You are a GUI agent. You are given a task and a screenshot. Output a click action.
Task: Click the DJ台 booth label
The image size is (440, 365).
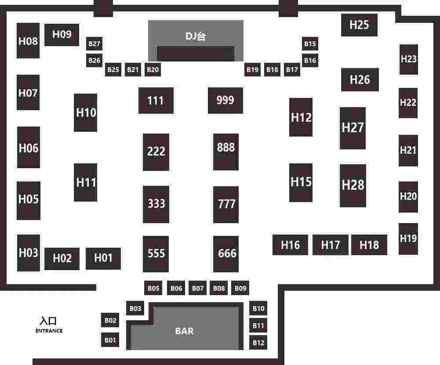196,36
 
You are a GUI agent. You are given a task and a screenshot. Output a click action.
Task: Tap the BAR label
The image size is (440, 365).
184,331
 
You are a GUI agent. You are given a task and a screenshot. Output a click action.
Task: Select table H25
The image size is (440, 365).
359,25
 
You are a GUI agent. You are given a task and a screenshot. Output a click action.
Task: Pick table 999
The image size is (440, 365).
225,100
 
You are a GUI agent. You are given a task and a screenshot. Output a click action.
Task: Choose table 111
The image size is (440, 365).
156,101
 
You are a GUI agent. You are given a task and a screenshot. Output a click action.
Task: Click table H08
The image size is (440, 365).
28,41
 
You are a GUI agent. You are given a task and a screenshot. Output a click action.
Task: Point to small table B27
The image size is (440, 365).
95,44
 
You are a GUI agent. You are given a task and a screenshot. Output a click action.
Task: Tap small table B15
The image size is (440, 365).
310,44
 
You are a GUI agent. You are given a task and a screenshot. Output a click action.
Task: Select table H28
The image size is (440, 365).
353,185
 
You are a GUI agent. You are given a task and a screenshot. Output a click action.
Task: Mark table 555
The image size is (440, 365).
156,253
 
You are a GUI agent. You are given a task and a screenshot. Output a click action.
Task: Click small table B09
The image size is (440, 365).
240,288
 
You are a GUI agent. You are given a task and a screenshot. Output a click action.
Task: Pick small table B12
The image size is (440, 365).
258,342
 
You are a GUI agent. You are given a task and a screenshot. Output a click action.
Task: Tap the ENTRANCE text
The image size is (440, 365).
49,331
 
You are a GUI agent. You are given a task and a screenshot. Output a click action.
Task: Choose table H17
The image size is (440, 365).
330,245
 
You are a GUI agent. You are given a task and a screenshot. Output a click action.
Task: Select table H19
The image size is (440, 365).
408,239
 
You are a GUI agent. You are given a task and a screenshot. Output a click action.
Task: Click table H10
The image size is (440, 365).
86,112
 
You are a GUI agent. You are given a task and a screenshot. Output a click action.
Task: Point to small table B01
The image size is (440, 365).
110,340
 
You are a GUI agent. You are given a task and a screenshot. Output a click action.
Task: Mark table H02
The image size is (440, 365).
62,258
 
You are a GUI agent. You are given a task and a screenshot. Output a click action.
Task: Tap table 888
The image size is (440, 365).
226,148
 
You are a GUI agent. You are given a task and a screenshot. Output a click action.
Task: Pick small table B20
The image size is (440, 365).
153,69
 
